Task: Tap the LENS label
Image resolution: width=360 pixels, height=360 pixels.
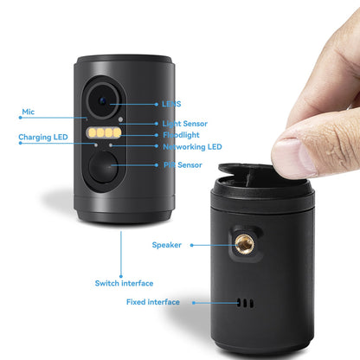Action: (x=171, y=105)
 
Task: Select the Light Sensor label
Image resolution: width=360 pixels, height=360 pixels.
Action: (x=184, y=124)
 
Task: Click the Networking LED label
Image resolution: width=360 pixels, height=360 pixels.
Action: (x=192, y=146)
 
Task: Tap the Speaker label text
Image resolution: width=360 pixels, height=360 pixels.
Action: (x=167, y=245)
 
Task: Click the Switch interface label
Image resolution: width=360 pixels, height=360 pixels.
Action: (x=124, y=283)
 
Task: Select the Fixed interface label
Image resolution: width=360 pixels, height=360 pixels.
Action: (x=152, y=302)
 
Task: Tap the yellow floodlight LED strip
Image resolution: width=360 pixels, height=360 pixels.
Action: (x=105, y=134)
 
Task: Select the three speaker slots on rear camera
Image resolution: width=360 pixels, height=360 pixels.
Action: (x=247, y=303)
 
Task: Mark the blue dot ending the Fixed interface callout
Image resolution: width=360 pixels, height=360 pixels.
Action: (x=194, y=302)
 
